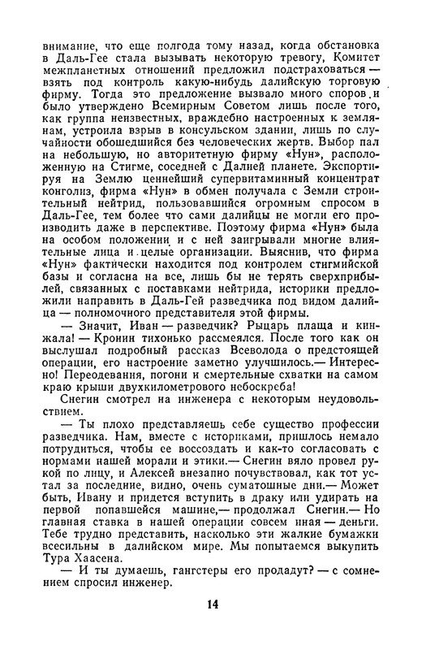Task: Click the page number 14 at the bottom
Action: point(213,626)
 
